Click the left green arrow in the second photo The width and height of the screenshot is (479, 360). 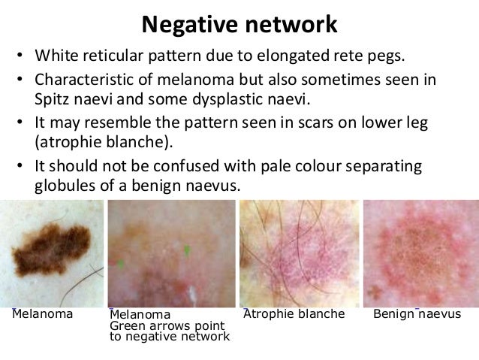120,264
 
